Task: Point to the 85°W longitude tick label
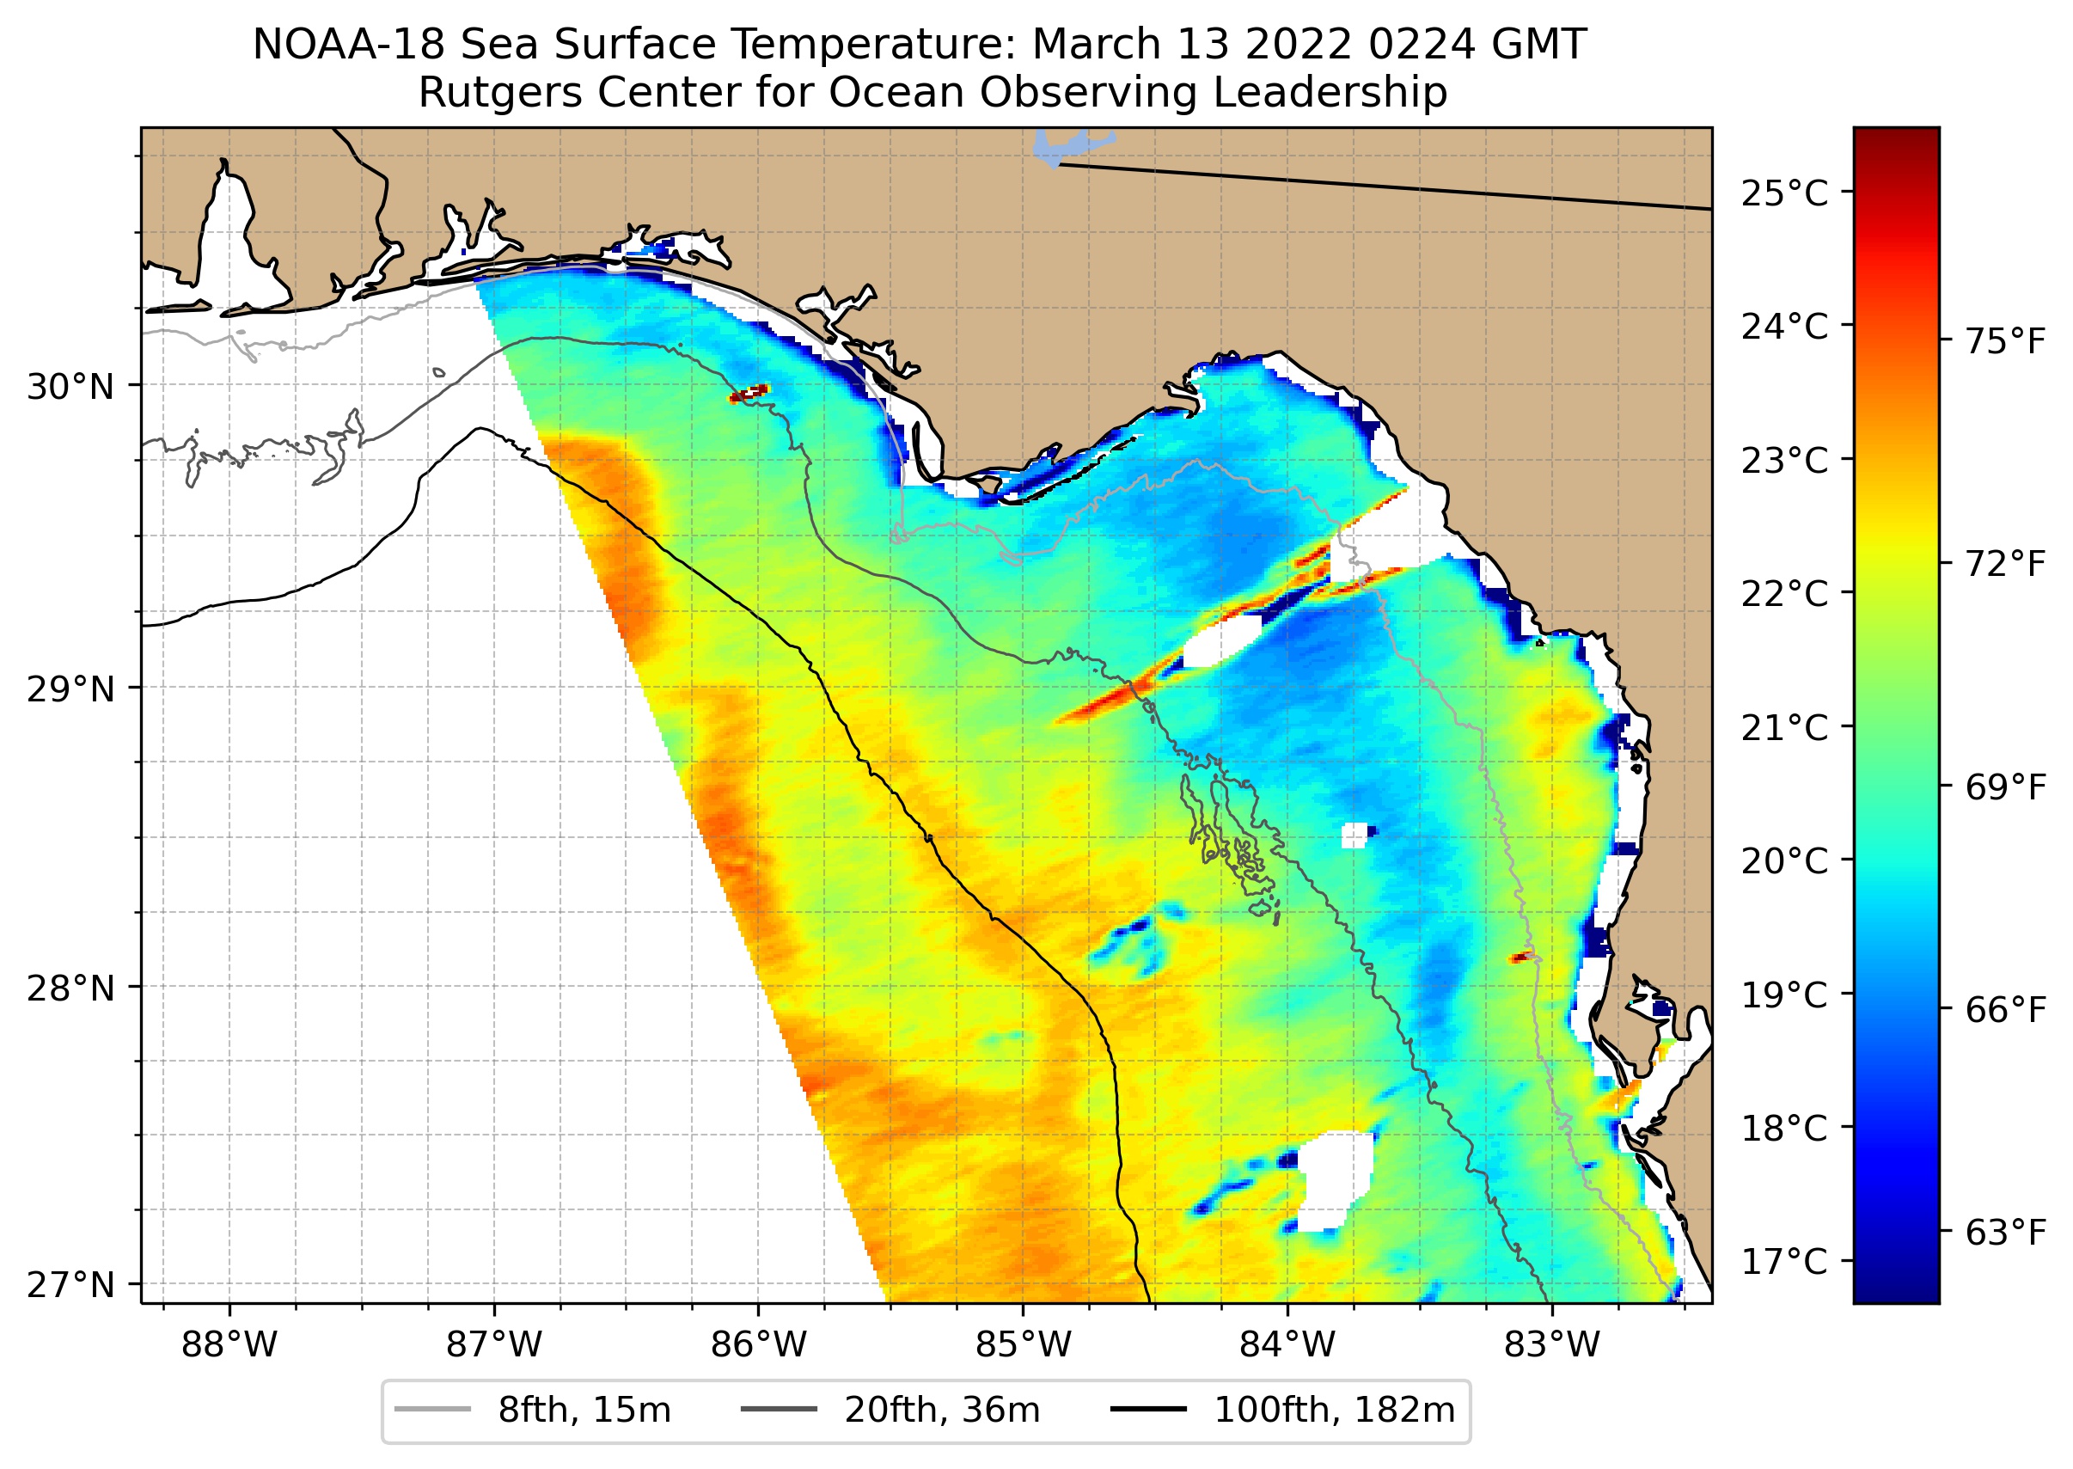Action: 1023,1345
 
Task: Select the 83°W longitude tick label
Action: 1552,1345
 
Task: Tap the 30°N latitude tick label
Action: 70,387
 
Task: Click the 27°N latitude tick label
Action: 70,1285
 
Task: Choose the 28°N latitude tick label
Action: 70,989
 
